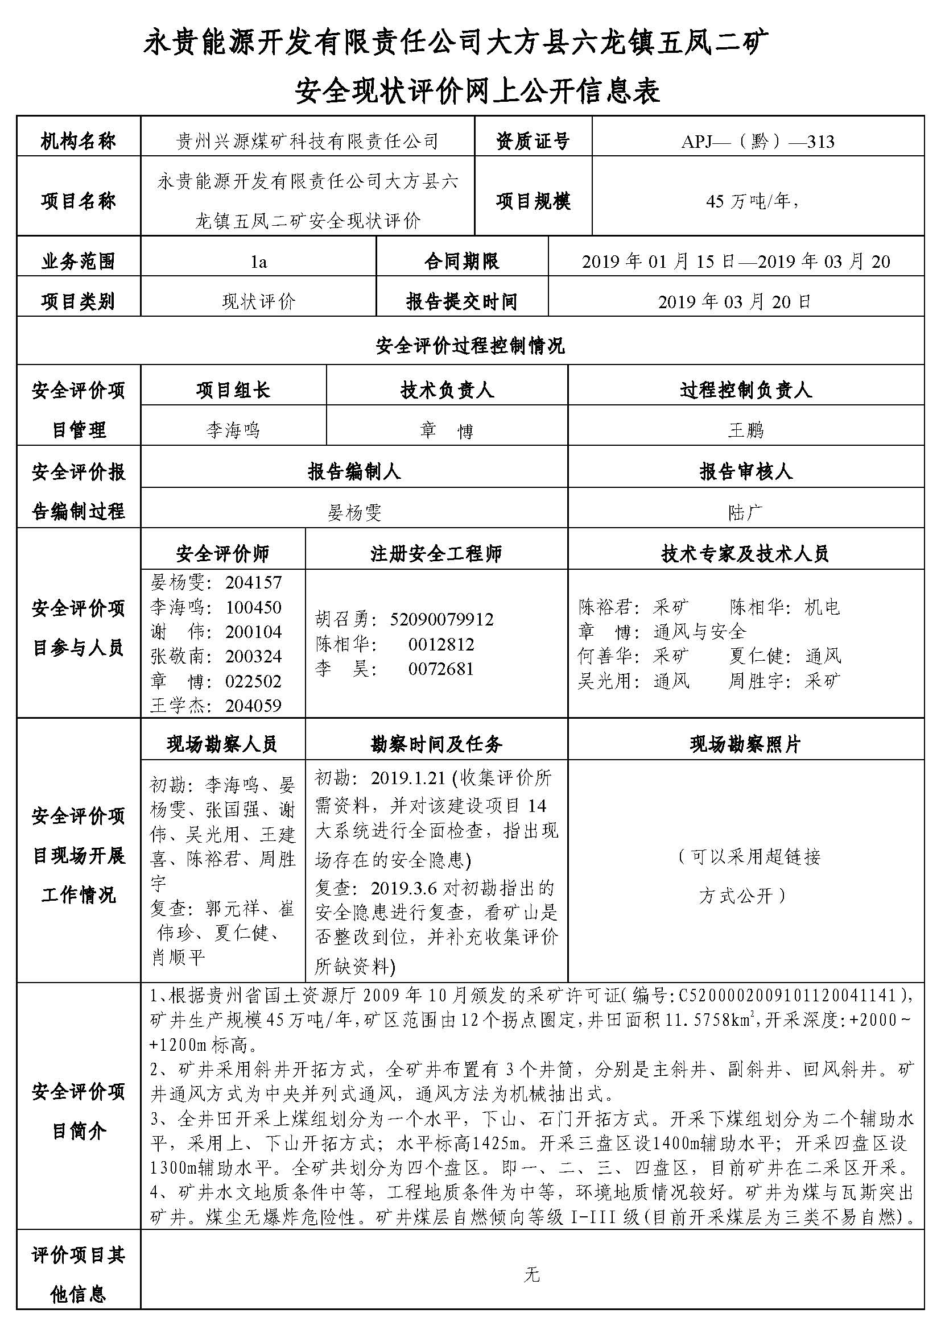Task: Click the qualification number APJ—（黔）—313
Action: pyautogui.click(x=757, y=142)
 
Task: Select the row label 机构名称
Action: pyautogui.click(x=78, y=142)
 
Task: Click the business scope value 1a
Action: pyautogui.click(x=258, y=262)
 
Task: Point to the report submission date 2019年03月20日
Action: pyautogui.click(x=734, y=302)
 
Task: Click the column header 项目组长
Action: pyautogui.click(x=233, y=391)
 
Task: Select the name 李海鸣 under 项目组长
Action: pyautogui.click(x=233, y=430)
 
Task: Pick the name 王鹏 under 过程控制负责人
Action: pyautogui.click(x=746, y=430)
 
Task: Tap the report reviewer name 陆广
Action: pyautogui.click(x=746, y=513)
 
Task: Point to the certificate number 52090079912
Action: pyautogui.click(x=441, y=620)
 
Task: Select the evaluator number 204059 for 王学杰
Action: pyautogui.click(x=253, y=706)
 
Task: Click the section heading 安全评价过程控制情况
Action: pyautogui.click(x=470, y=346)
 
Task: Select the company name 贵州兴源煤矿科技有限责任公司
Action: pyautogui.click(x=307, y=142)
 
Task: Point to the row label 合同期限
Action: pyautogui.click(x=461, y=262)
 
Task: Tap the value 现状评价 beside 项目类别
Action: pyautogui.click(x=258, y=302)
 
